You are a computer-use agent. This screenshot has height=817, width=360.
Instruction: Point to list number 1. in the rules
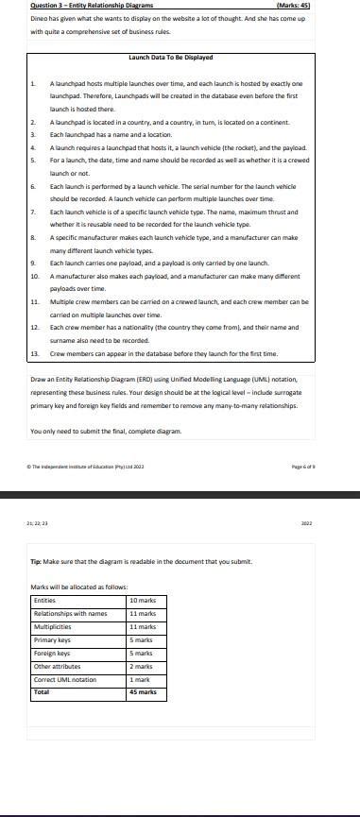[34, 84]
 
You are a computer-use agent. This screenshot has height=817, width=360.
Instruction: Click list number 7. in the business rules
[34, 213]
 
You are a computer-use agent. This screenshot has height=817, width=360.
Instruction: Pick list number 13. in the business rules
[35, 353]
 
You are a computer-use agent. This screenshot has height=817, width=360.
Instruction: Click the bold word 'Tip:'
[36, 560]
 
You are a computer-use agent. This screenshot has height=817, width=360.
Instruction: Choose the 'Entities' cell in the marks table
[45, 601]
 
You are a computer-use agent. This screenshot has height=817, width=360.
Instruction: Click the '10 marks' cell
[143, 601]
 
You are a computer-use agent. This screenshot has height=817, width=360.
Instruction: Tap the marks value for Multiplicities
[143, 626]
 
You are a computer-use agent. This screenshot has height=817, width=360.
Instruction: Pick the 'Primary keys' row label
[51, 639]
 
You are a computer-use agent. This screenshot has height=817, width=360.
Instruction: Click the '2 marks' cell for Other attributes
[141, 666]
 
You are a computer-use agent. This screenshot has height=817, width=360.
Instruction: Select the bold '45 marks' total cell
[143, 692]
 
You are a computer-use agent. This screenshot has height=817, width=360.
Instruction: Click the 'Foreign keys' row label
[51, 653]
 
